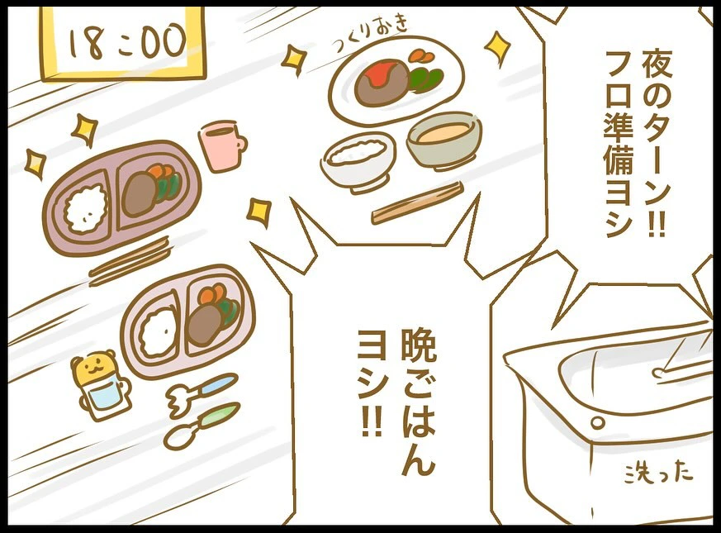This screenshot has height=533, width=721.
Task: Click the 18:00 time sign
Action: [123, 42]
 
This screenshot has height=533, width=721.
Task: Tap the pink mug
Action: [221, 144]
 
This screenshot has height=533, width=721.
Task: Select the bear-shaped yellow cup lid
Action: [95, 367]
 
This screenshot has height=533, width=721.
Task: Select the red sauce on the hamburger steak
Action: [379, 72]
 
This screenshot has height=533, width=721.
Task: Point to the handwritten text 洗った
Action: [658, 473]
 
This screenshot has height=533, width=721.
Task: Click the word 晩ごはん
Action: [418, 402]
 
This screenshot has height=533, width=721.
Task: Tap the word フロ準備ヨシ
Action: [620, 144]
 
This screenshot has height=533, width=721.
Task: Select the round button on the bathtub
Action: [597, 422]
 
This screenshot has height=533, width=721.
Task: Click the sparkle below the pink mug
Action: [259, 212]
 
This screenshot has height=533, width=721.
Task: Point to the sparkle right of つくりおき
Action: [497, 48]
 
